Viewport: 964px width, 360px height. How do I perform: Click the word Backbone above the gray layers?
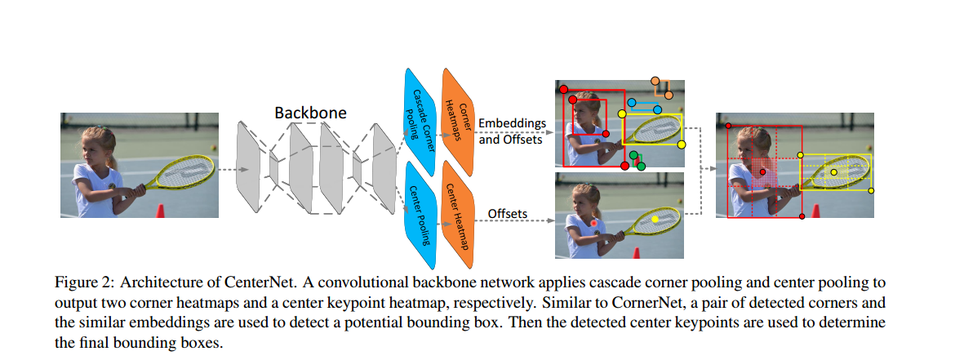(x=310, y=112)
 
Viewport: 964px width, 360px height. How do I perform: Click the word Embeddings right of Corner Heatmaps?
(x=512, y=122)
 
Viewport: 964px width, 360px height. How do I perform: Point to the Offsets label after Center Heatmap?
(x=507, y=215)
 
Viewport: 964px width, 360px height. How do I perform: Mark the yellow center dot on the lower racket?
(x=655, y=220)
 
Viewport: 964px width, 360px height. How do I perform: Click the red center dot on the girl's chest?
(x=595, y=222)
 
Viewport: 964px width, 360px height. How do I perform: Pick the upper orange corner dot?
(x=655, y=81)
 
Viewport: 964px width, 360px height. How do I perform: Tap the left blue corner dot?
(x=631, y=104)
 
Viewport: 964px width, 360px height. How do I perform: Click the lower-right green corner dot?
(x=641, y=166)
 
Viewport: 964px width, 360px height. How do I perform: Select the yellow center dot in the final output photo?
(x=833, y=172)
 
